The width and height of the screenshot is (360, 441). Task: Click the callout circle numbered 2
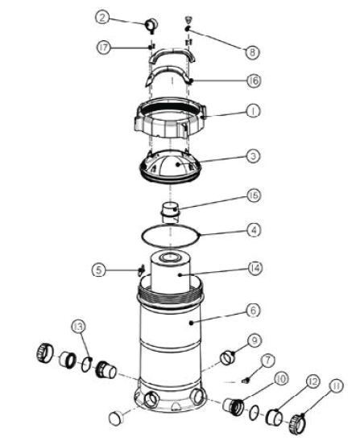pos(102,18)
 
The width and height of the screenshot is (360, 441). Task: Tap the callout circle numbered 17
pos(104,47)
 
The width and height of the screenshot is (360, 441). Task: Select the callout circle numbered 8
pos(252,52)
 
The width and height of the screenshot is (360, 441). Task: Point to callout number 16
pos(254,80)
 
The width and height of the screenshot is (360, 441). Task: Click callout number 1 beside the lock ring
pos(254,111)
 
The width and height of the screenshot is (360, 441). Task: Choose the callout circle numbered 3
pos(254,155)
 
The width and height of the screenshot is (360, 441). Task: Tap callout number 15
pos(254,196)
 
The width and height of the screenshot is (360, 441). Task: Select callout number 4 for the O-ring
pos(254,230)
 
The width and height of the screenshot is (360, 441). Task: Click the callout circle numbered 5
pos(98,270)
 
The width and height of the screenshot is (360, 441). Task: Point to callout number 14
pos(255,268)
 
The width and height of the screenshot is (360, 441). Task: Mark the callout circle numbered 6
pos(254,311)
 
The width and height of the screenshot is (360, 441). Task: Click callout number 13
pos(78,327)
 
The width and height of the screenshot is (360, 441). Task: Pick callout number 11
pos(336,386)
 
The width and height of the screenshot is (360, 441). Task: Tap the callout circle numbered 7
pos(267,361)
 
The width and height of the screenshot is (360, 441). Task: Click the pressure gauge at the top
pos(151,25)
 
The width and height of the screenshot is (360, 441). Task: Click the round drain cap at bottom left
pos(116,418)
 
